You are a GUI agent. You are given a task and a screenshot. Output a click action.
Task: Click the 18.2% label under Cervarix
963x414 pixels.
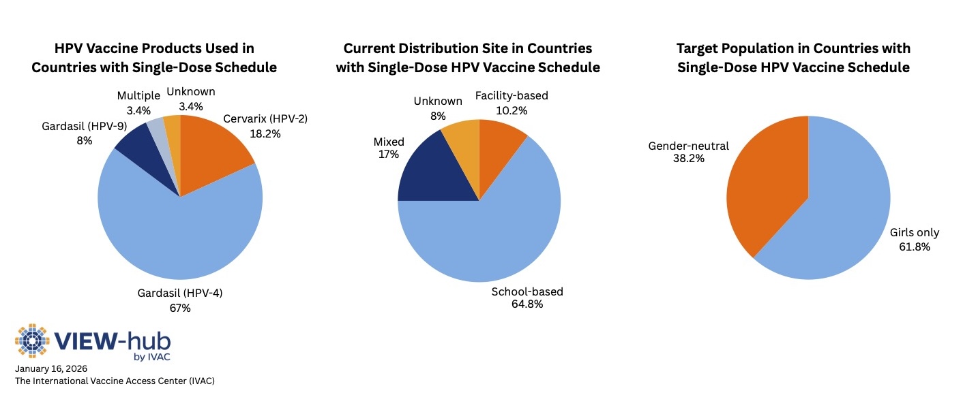[x=266, y=134]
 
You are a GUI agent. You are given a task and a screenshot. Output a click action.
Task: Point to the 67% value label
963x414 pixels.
[x=181, y=308]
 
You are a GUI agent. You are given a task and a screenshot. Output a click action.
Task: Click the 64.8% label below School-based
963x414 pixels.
[x=527, y=304]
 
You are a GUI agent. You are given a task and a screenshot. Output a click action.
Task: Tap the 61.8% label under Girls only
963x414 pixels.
[x=915, y=246]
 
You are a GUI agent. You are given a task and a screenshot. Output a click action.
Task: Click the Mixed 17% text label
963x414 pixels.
[x=389, y=148]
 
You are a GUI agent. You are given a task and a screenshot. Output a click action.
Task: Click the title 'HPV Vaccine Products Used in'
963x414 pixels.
[x=153, y=48]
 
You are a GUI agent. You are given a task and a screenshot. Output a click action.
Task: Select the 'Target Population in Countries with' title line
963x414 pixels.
[x=793, y=48]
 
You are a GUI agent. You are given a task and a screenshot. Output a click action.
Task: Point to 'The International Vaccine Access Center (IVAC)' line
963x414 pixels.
[x=115, y=381]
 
